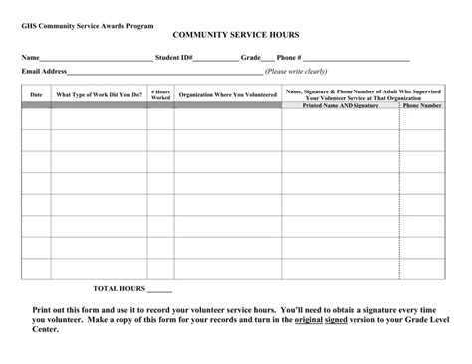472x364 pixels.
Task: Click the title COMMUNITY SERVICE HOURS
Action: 235,34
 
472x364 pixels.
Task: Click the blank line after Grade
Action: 268,59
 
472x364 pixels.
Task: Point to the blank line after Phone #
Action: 356,59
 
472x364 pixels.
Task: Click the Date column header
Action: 37,94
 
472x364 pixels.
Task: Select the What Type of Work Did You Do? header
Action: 99,94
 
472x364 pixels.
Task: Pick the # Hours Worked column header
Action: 161,94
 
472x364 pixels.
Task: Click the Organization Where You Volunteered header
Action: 227,94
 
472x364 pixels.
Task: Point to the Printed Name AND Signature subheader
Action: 341,105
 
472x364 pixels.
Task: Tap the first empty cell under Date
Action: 37,119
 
